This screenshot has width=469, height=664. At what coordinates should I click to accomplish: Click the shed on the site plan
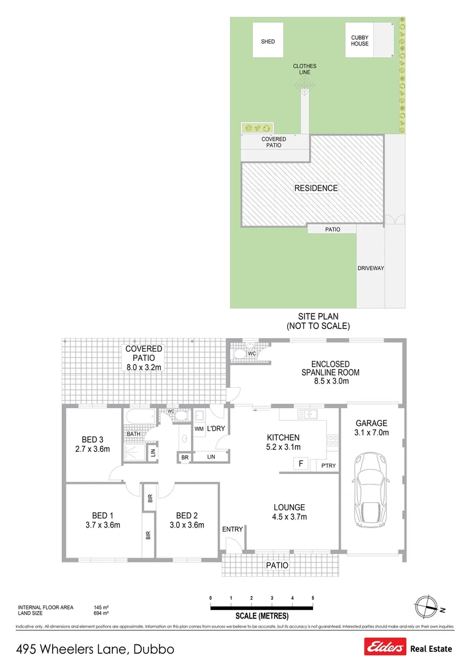(x=268, y=41)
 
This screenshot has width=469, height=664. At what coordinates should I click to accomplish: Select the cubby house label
(x=360, y=41)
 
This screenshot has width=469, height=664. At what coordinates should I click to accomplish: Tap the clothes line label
(x=304, y=69)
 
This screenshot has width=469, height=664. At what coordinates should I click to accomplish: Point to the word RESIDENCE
(x=316, y=188)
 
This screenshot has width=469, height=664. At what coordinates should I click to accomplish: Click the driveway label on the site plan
(x=371, y=269)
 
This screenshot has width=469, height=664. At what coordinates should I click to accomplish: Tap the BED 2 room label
(x=186, y=516)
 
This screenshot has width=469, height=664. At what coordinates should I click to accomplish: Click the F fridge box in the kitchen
(x=301, y=464)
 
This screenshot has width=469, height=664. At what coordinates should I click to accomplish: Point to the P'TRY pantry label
(x=329, y=467)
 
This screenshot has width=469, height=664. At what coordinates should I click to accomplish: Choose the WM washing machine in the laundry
(x=199, y=429)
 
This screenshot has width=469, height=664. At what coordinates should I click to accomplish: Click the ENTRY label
(x=233, y=529)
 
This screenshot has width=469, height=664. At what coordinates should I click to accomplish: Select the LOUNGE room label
(x=289, y=507)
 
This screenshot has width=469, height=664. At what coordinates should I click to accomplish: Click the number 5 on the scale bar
(x=313, y=598)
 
